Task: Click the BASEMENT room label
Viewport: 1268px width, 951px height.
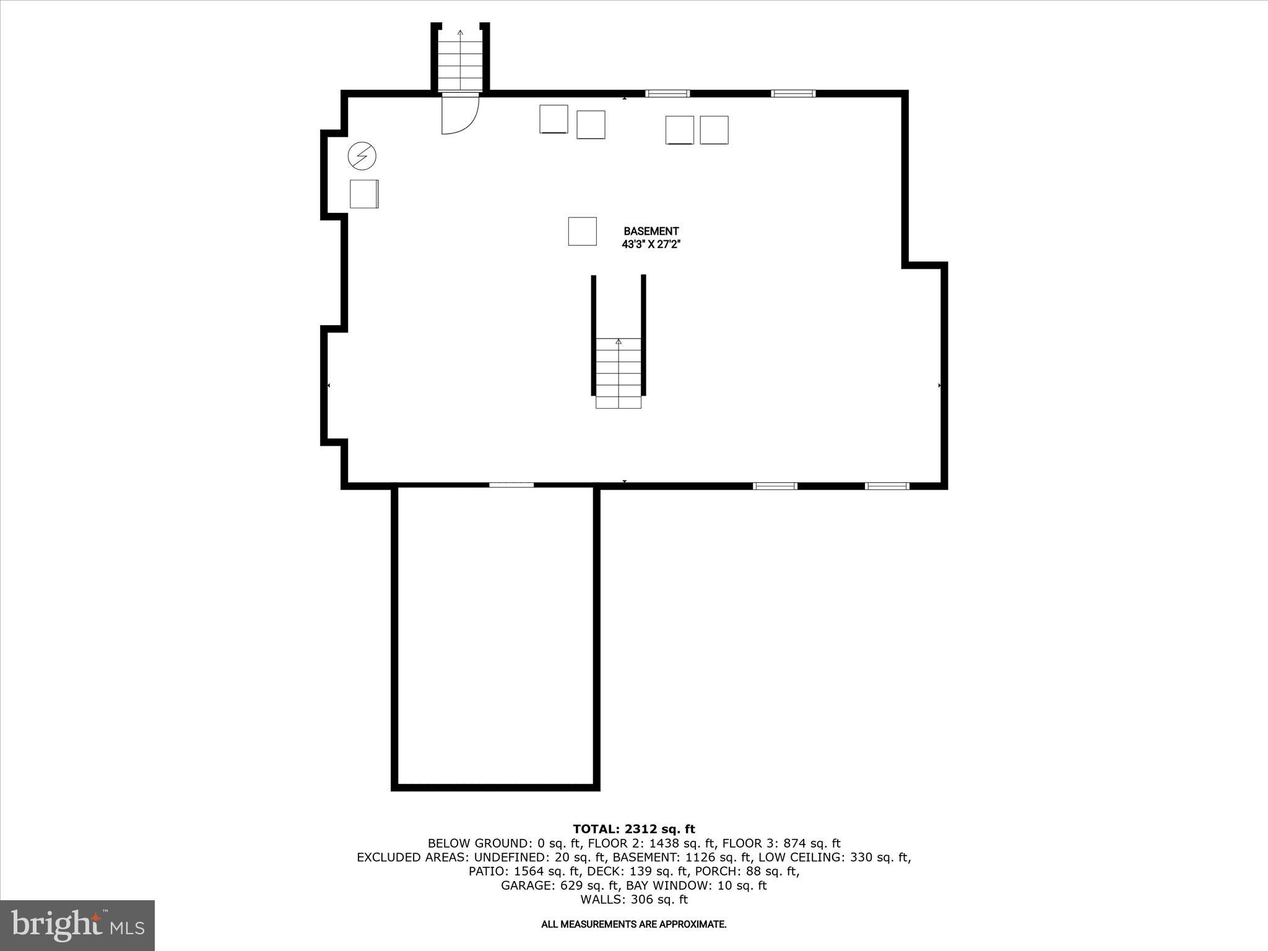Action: [651, 231]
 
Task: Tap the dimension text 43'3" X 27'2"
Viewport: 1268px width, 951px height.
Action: [651, 245]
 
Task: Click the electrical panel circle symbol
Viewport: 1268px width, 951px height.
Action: [362, 156]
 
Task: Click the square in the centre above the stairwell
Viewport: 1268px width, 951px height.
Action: [582, 231]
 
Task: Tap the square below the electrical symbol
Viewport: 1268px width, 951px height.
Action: [364, 194]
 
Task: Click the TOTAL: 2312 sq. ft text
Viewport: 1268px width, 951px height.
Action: [633, 829]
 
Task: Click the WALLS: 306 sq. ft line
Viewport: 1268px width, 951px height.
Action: [633, 900]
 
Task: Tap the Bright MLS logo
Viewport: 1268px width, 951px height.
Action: [77, 925]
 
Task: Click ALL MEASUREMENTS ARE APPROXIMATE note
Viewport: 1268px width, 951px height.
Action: [633, 924]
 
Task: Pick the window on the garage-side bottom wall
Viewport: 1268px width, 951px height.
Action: [511, 485]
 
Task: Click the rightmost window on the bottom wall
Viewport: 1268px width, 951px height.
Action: [887, 486]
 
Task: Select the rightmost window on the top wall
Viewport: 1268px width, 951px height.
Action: [793, 93]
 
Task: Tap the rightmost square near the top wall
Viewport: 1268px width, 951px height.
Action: [714, 130]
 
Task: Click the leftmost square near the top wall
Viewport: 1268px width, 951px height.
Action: [554, 119]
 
